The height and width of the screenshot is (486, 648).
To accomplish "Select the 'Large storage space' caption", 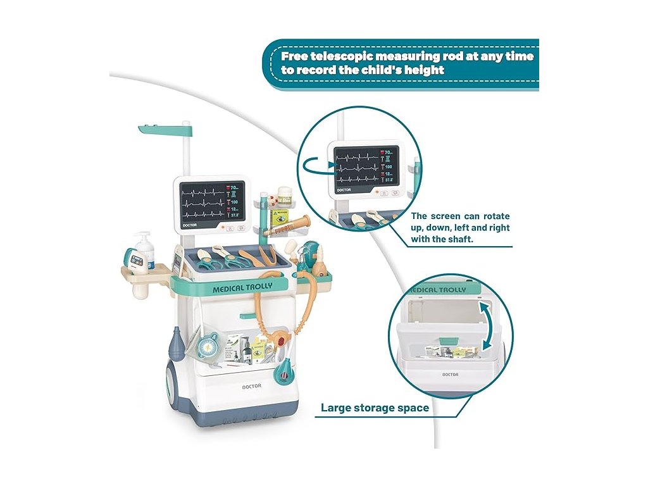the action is (375, 408).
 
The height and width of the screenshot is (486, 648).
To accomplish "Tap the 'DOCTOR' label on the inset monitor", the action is (344, 189).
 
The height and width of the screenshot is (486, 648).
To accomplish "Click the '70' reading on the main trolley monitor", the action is (234, 188).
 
